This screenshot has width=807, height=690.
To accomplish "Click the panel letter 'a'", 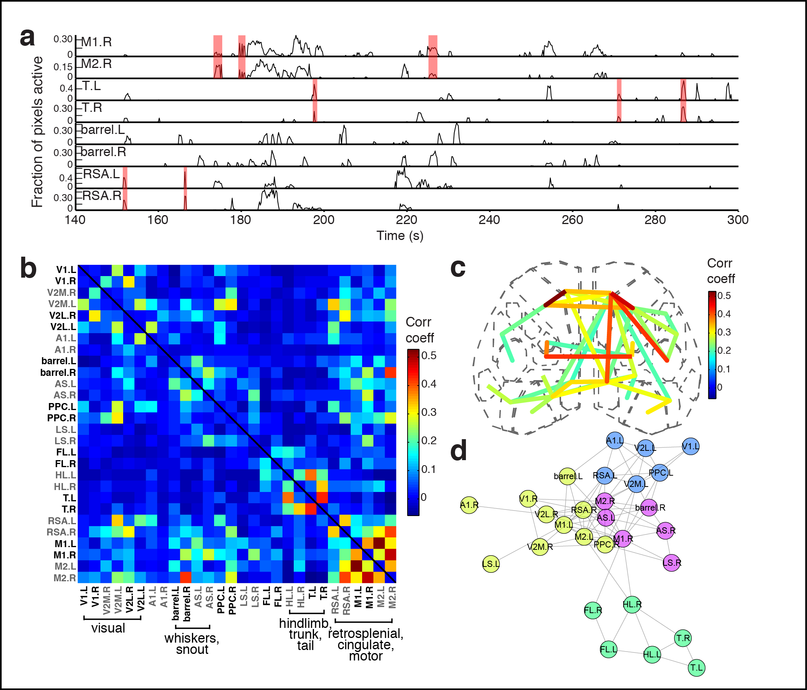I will (x=27, y=38).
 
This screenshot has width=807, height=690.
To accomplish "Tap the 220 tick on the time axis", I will (x=406, y=220).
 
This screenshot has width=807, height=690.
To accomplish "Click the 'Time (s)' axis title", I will (x=399, y=236).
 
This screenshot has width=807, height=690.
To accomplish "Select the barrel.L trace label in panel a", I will (x=103, y=130).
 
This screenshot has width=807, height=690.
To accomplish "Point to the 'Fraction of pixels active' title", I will (x=37, y=132).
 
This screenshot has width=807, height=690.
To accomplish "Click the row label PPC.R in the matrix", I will (x=61, y=418).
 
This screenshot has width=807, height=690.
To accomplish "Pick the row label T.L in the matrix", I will (x=69, y=498).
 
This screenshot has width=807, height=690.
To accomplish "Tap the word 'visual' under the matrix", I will (x=108, y=628).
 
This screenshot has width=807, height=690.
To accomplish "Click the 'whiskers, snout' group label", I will (x=192, y=644).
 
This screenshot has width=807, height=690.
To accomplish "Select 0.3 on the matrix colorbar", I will (x=429, y=412).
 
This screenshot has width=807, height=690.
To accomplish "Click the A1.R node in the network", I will (x=469, y=505).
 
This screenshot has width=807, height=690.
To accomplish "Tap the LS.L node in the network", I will (x=491, y=563).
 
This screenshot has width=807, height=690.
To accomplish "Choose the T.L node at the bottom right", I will (x=696, y=668).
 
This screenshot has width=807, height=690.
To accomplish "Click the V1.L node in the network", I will (x=690, y=447).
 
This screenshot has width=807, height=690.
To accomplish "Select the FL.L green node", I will (x=608, y=649).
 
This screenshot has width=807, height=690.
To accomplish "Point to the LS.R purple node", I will (x=672, y=563).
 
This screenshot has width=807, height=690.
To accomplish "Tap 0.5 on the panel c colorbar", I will (x=723, y=296).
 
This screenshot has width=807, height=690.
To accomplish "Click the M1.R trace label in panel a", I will (x=96, y=42).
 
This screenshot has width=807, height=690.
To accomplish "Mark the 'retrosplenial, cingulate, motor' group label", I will (x=365, y=645).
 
